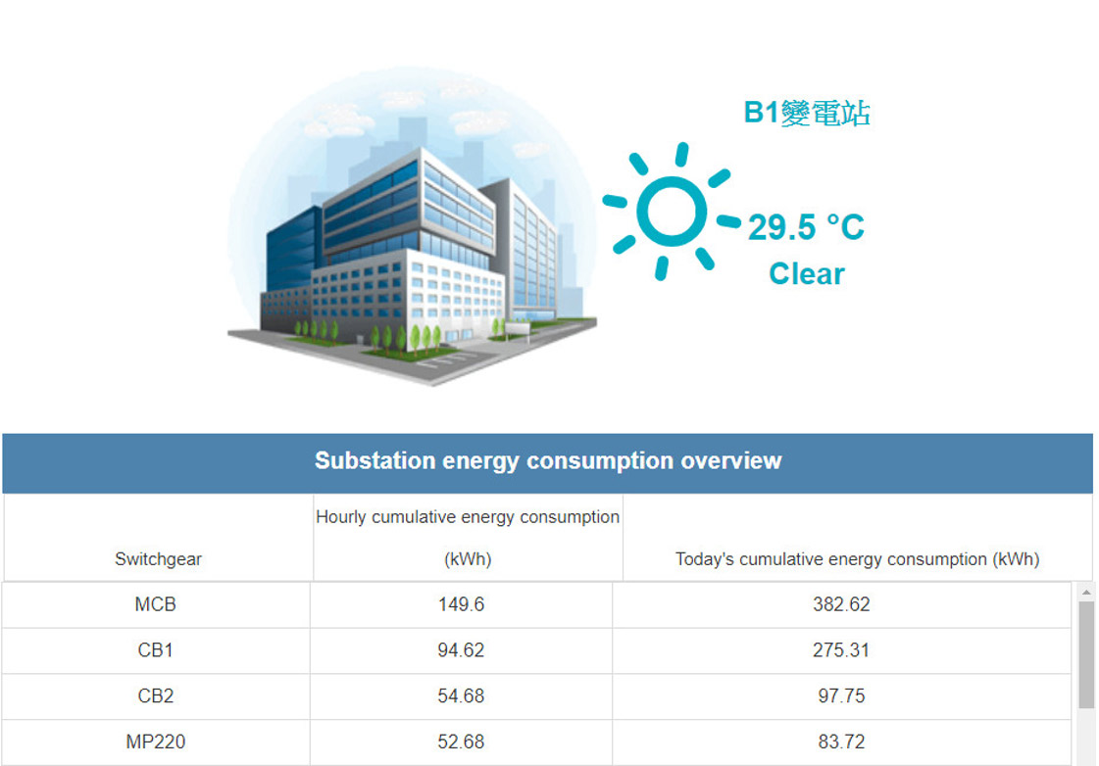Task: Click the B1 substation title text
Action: (807, 113)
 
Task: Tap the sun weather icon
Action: (672, 212)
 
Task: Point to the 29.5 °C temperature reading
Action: (806, 227)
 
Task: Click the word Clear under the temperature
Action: (807, 273)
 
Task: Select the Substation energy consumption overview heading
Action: (548, 460)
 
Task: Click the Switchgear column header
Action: (159, 558)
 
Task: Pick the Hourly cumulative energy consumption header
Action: (468, 538)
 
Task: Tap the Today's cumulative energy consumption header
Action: (857, 558)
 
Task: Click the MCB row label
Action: (156, 604)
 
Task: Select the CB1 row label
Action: (156, 649)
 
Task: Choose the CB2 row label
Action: (156, 696)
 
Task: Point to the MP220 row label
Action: (156, 742)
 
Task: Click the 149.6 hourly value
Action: (461, 604)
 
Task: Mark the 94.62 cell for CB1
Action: (461, 649)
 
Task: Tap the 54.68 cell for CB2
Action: (461, 696)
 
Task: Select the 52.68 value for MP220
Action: (461, 742)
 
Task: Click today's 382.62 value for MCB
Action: (841, 604)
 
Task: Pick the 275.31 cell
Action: (841, 649)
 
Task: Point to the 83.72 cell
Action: (841, 742)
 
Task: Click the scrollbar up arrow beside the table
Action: (1086, 593)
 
